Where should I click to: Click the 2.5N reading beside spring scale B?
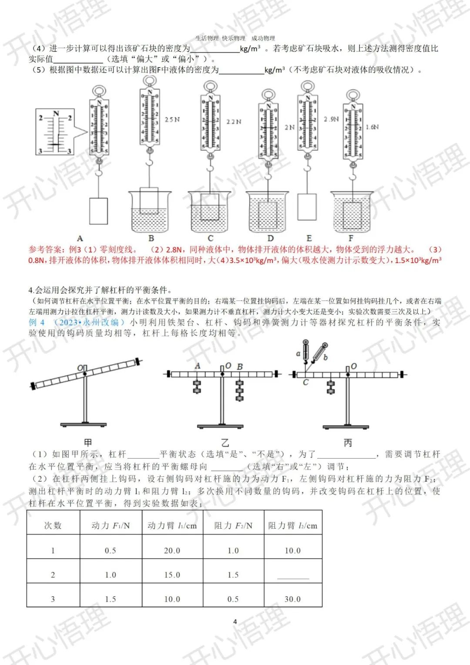(172, 119)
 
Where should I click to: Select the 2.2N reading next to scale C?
(234, 122)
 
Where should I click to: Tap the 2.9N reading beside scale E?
(331, 119)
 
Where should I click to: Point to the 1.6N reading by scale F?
(372, 127)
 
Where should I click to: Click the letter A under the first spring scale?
(80, 238)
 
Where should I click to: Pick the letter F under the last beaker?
(351, 238)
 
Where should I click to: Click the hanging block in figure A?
(98, 211)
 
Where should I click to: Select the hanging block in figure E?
(307, 207)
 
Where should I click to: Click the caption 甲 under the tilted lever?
(88, 443)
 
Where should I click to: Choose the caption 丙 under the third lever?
(348, 443)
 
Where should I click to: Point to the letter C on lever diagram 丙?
(305, 382)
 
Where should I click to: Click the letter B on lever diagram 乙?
(240, 367)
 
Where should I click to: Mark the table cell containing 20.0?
(172, 550)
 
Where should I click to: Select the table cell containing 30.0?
(292, 599)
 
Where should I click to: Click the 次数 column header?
(53, 526)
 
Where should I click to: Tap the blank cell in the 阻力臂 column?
(293, 575)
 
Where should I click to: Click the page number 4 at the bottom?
(235, 621)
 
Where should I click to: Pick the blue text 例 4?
(37, 322)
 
